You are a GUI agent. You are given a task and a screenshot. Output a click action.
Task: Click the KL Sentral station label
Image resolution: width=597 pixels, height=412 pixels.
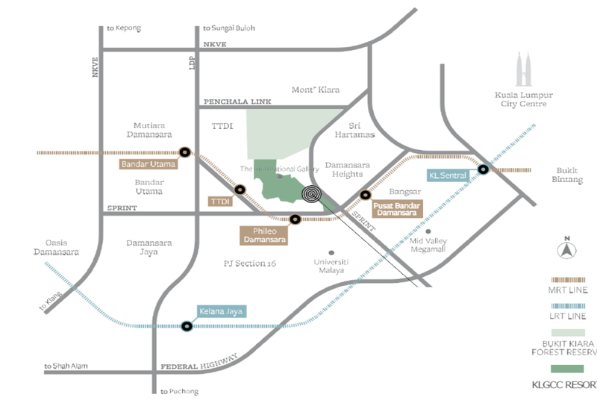(x=448, y=176)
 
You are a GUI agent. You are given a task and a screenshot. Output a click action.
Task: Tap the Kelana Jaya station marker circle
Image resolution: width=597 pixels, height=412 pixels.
(x=187, y=325)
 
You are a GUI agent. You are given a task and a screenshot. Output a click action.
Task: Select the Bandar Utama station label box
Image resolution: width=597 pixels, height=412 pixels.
(x=149, y=163)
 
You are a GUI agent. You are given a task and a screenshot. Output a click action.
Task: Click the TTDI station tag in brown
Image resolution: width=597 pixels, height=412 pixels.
(x=218, y=202)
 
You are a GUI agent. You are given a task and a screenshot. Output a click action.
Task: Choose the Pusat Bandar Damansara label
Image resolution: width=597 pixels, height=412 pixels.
(x=397, y=209)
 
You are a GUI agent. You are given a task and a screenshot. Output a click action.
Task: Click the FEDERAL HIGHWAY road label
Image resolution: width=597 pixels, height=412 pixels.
(x=199, y=362)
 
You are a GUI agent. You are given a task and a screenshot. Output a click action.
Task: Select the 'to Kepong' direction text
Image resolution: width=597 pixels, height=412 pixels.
(x=124, y=28)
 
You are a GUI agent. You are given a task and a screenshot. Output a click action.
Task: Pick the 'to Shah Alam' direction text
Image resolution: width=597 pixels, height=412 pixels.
(x=66, y=366)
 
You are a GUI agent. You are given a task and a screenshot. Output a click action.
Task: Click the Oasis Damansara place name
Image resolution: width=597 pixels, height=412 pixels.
(x=56, y=247)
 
